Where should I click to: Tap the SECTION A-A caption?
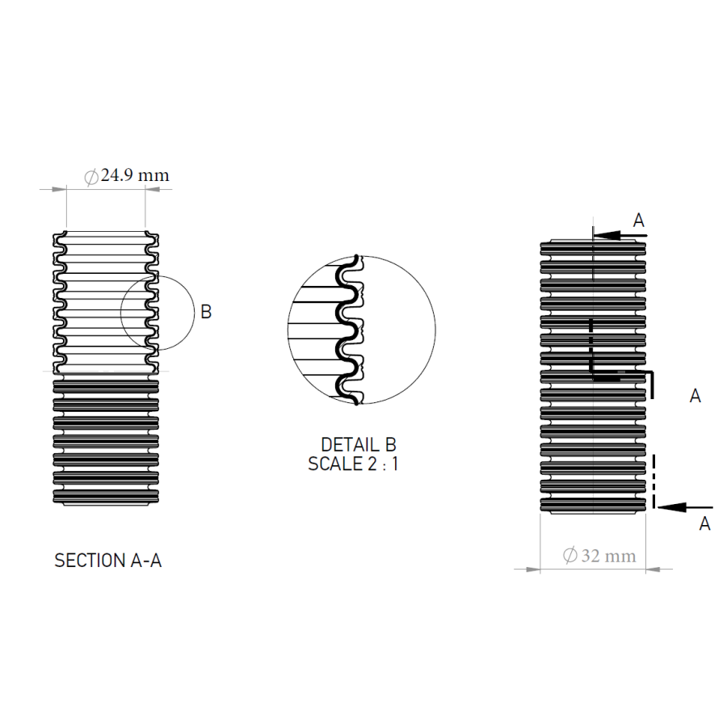(x=108, y=561)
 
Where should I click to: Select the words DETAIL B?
(x=359, y=444)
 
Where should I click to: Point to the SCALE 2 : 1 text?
(x=353, y=464)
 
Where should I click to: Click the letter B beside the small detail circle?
(x=206, y=312)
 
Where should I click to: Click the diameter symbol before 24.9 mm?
(x=91, y=177)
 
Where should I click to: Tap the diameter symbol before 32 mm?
(x=569, y=556)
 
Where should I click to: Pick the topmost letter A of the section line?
(x=638, y=221)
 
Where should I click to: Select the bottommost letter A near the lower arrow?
(x=704, y=523)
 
